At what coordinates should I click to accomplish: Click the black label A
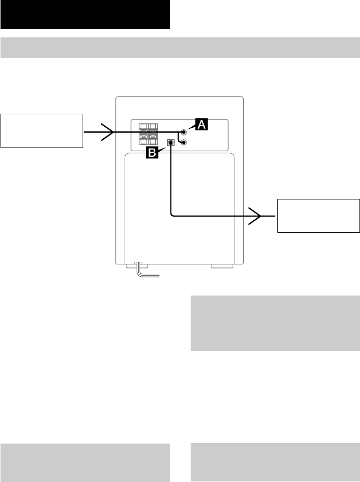coord(201,124)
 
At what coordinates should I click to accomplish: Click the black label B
coord(153,152)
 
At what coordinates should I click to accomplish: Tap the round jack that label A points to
coord(184,132)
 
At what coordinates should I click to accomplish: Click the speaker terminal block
coord(148,133)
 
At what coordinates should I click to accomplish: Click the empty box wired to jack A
coord(42,130)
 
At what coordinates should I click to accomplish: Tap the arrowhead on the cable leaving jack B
coord(255,215)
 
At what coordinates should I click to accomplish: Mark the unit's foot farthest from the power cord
coord(222,266)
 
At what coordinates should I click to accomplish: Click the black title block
coord(85,15)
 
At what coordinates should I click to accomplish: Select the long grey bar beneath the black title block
coord(180,48)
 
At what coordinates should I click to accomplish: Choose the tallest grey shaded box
coord(275,324)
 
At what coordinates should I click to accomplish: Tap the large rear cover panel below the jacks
coord(179,208)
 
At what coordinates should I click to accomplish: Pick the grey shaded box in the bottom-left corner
coord(85,462)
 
